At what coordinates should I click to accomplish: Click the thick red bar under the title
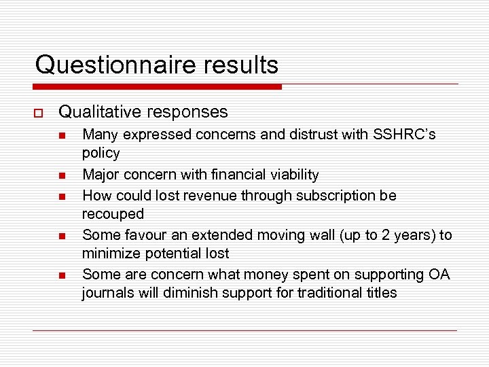pos(157,87)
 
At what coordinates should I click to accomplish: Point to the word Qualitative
pos(99,111)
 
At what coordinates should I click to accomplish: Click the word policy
pos(101,153)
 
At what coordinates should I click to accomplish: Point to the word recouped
pos(113,213)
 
